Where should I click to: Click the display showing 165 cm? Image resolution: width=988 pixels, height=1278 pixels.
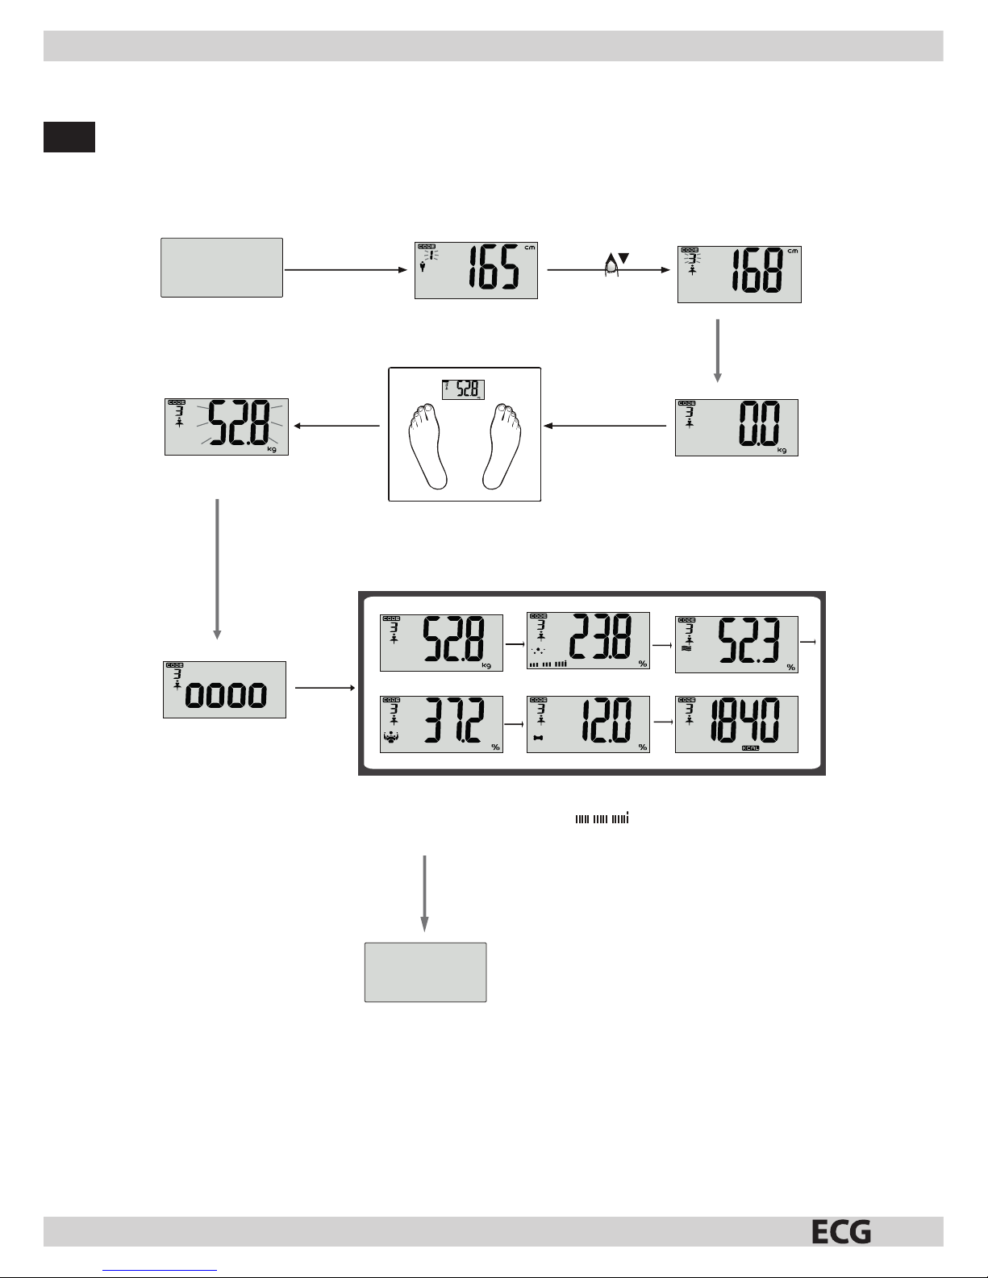(x=476, y=270)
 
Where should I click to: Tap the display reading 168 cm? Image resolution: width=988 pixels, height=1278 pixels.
(x=739, y=274)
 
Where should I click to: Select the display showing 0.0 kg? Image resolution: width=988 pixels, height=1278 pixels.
(x=736, y=427)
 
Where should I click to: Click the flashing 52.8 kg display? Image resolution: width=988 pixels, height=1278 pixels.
(x=227, y=427)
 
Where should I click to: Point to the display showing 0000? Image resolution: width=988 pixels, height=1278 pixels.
(x=224, y=689)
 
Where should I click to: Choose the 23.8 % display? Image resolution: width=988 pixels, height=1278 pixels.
(x=588, y=642)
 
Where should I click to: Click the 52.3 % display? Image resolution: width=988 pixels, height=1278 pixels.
(x=736, y=644)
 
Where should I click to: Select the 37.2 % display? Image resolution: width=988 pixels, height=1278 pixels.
(x=441, y=724)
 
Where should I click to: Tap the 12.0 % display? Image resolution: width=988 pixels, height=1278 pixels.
(x=588, y=724)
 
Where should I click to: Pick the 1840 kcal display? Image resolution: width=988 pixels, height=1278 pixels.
(x=736, y=724)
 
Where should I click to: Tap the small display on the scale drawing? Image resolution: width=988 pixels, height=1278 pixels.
(x=464, y=389)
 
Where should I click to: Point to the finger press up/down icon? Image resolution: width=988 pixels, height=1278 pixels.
(x=613, y=264)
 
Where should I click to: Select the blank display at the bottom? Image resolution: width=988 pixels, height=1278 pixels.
(x=425, y=972)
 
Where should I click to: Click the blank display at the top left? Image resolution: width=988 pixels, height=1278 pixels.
(x=222, y=268)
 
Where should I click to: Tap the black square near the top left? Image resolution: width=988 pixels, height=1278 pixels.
(x=69, y=137)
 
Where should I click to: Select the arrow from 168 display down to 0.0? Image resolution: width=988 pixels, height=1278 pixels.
(x=717, y=351)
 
